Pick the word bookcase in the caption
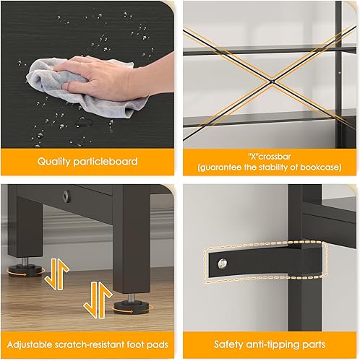click(323, 168)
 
